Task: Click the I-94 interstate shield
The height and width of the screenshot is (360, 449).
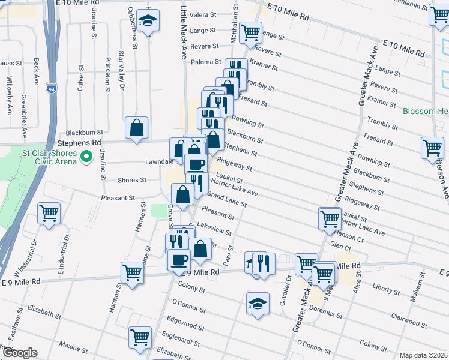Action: pyautogui.click(x=52, y=88)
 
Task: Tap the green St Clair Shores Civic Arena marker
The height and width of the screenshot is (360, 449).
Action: pyautogui.click(x=85, y=157)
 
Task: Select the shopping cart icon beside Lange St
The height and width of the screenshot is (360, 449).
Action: pyautogui.click(x=250, y=33)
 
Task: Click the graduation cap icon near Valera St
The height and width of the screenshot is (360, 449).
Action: pyautogui.click(x=147, y=21)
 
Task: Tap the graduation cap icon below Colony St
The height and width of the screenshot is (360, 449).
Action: pyautogui.click(x=257, y=302)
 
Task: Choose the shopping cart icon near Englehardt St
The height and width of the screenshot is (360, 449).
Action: pyautogui.click(x=140, y=337)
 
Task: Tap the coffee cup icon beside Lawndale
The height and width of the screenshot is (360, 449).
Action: pyautogui.click(x=196, y=164)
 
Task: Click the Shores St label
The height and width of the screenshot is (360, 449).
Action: pyautogui.click(x=132, y=180)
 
